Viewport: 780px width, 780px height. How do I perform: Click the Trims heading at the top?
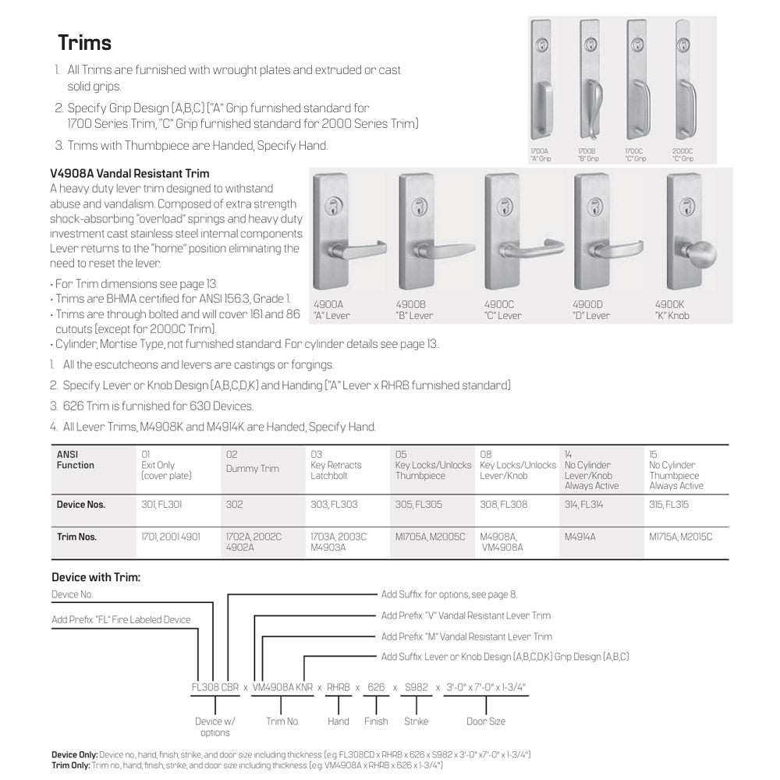[84, 42]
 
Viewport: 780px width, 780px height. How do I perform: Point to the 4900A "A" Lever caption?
[331, 310]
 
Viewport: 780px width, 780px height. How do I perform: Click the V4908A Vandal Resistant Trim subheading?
[129, 173]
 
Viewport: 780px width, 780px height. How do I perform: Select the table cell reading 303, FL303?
[334, 505]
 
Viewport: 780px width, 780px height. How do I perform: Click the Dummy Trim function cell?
[252, 469]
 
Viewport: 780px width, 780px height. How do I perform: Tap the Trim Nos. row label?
[76, 537]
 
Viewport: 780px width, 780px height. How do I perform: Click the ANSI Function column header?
[75, 459]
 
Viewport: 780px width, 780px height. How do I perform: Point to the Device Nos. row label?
[80, 505]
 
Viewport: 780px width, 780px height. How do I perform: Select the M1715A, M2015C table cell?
[680, 537]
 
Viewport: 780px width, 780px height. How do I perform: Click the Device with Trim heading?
[95, 577]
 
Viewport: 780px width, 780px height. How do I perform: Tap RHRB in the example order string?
[338, 687]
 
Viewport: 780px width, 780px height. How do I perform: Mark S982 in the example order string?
[416, 687]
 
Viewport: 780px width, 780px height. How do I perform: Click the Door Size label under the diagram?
[486, 721]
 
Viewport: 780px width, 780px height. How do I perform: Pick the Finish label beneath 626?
[376, 721]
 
